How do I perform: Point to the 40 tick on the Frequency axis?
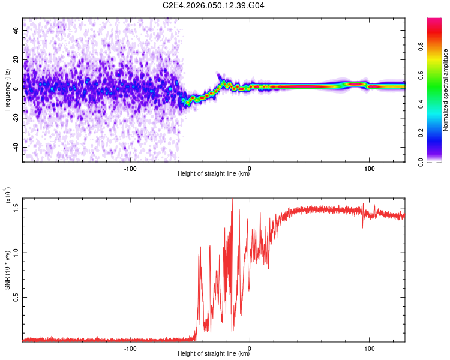pos(16,30)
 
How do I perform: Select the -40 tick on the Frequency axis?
pos(15,147)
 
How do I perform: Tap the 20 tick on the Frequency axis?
pos(16,59)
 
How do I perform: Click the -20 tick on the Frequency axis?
pos(15,118)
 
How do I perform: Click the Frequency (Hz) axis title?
pos(7,90)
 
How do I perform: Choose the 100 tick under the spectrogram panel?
pos(370,168)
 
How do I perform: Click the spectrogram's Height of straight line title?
pos(214,175)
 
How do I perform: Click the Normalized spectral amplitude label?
pos(446,90)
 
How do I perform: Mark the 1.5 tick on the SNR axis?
pos(16,208)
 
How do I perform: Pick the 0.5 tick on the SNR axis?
pos(16,297)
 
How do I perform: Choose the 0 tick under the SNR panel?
pos(250,348)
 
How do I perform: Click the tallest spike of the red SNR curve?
pos(232,200)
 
